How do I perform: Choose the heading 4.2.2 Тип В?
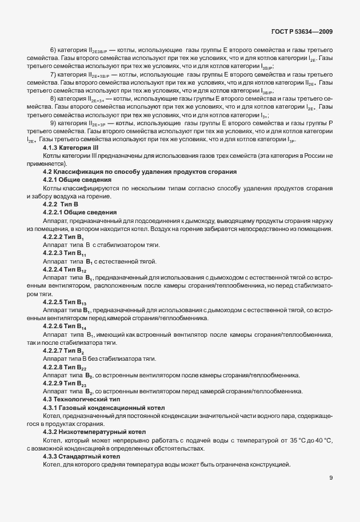(61, 204)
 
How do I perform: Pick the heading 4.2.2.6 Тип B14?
(65, 325)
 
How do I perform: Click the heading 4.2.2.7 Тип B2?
(63, 350)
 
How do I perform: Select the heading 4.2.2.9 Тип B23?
(65, 382)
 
